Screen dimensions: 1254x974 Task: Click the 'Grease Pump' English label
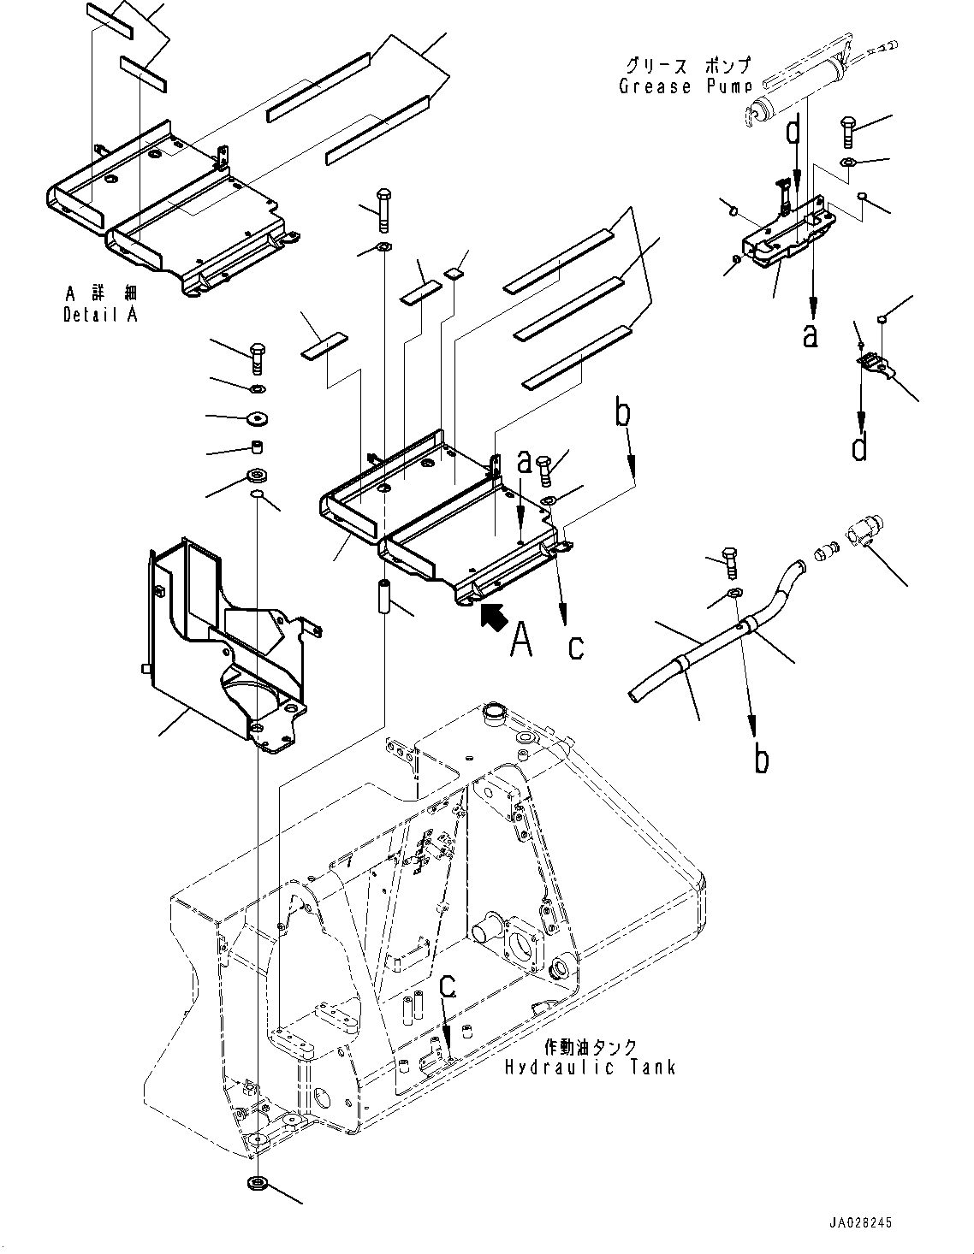(x=685, y=86)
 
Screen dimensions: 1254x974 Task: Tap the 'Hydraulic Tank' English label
(x=590, y=1067)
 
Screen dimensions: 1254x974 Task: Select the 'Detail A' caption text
(x=100, y=314)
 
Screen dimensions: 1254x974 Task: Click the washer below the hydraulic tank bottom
(x=256, y=1185)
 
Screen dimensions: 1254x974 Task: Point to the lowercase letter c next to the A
(x=576, y=647)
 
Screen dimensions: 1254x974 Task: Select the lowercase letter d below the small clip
(x=860, y=446)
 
